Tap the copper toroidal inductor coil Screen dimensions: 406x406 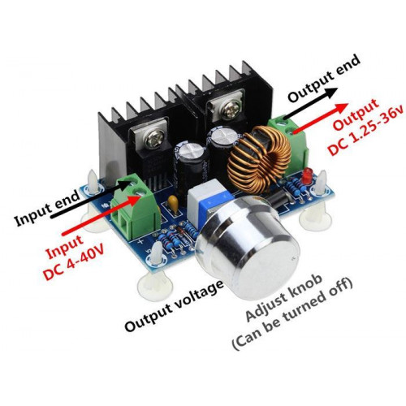coord(259,159)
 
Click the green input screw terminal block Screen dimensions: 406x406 coord(135,206)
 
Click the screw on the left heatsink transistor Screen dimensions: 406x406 coord(153,139)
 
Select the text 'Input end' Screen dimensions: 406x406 coord(47,208)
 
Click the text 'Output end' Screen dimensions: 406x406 coord(324,79)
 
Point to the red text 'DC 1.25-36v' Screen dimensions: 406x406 coord(366,131)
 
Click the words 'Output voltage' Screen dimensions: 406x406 coord(175,306)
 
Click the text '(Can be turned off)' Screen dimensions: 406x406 coord(292,317)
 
